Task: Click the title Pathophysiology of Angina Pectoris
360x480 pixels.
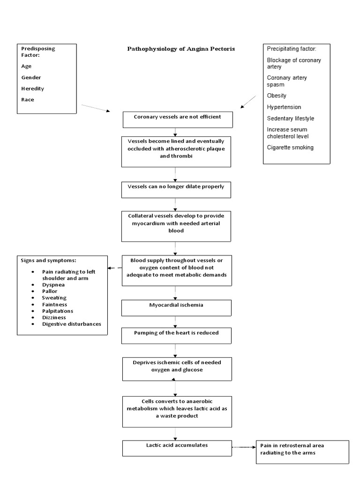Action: (181, 49)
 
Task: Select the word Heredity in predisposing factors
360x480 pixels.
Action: (32, 89)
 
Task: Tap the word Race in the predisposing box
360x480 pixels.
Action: (27, 100)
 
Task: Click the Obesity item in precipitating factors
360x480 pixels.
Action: (277, 96)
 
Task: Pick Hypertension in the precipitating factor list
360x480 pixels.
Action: (284, 107)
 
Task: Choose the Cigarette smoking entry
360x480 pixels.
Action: (290, 147)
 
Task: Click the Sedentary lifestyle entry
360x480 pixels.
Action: (291, 119)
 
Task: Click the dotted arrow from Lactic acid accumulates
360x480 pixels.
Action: (243, 447)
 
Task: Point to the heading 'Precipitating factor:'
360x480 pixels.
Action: (292, 49)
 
